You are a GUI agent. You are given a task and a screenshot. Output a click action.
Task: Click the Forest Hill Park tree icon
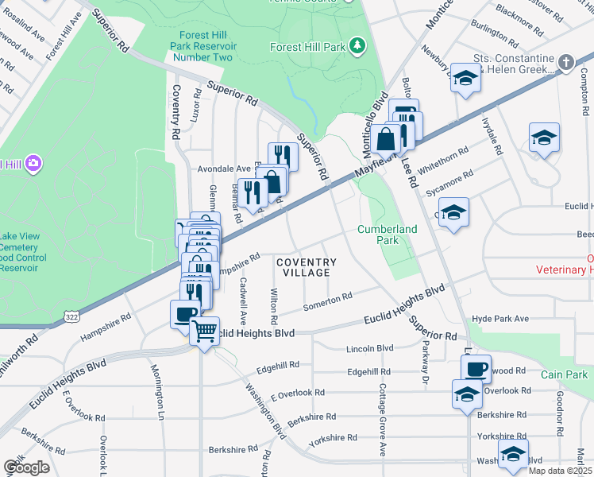point(358,46)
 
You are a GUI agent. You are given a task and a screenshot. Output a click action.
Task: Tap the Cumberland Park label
point(387,234)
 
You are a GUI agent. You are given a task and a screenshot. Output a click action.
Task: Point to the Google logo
point(26,467)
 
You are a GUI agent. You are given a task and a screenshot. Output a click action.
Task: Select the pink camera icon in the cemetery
point(33,165)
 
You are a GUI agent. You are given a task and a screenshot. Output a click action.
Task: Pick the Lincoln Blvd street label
point(370,348)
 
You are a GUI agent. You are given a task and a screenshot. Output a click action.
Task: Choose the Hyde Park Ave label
point(500,318)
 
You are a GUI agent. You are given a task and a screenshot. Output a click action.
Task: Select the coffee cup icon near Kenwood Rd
point(476,368)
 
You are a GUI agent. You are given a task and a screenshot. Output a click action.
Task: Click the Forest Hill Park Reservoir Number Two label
point(206,46)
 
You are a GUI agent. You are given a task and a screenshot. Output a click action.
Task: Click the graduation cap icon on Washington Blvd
point(513,454)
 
